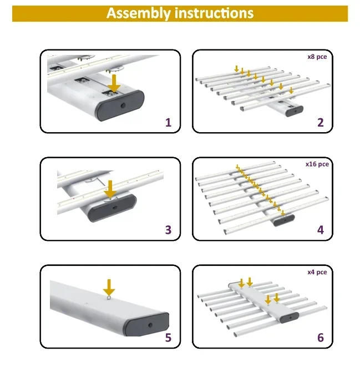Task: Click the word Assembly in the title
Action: pyautogui.click(x=138, y=13)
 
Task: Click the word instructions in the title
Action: pyautogui.click(x=214, y=13)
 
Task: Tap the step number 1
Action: pyautogui.click(x=168, y=123)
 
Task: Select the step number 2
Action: pyautogui.click(x=321, y=123)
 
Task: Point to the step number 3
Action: pyautogui.click(x=168, y=230)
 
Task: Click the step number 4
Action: pyautogui.click(x=321, y=230)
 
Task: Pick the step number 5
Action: pyautogui.click(x=168, y=338)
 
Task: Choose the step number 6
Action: pyautogui.click(x=321, y=338)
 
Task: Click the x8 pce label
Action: pyautogui.click(x=317, y=57)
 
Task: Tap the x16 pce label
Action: pyautogui.click(x=317, y=164)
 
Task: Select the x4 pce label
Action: pyautogui.click(x=317, y=272)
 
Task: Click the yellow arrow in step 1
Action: pyautogui.click(x=114, y=83)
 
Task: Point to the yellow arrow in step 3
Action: pyautogui.click(x=110, y=189)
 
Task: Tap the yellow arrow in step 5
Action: pyautogui.click(x=109, y=288)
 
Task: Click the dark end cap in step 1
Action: pyautogui.click(x=121, y=105)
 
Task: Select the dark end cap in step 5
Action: pyautogui.click(x=148, y=324)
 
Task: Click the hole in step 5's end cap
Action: pyautogui.click(x=150, y=325)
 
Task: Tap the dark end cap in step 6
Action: pyautogui.click(x=290, y=318)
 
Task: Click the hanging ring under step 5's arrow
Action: pyautogui.click(x=109, y=298)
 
